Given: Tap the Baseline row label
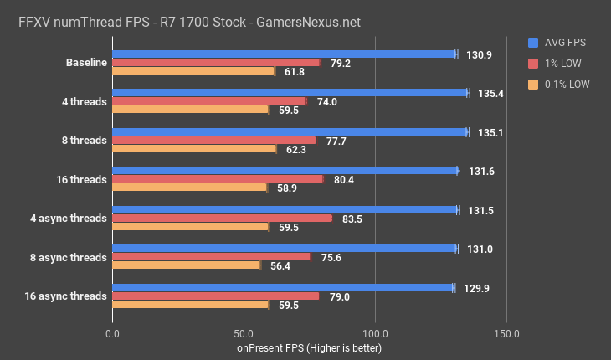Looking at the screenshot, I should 86,63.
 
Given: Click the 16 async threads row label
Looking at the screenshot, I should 66,296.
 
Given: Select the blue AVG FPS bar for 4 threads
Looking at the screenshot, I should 290,93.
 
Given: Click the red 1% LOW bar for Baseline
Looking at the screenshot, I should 216,63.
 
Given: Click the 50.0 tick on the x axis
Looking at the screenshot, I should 244,332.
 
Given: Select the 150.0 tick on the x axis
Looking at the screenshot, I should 506,332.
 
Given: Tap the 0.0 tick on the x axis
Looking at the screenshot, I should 112,332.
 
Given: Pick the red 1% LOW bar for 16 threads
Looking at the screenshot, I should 218,178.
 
